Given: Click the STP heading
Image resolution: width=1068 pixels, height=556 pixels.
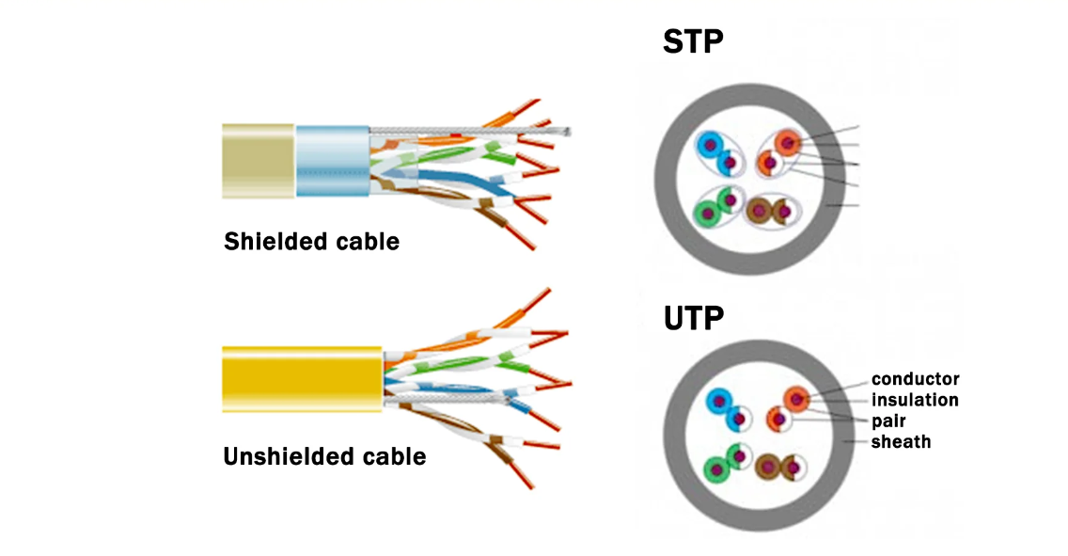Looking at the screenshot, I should pos(693,43).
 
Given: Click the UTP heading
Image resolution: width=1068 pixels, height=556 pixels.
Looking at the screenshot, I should pos(693,318).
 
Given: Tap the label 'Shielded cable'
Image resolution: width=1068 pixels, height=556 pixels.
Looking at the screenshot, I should pos(311,242).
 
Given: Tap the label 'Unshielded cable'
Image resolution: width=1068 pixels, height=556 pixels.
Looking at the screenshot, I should pos(324,457).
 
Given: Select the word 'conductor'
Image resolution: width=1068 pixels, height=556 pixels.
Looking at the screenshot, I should pos(915,379).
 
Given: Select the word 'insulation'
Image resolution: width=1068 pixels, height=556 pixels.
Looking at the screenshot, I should pos(915,400).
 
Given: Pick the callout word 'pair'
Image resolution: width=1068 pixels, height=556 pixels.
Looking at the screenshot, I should pos(888,421).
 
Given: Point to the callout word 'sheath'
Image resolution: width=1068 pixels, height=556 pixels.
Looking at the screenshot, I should pos(901,441).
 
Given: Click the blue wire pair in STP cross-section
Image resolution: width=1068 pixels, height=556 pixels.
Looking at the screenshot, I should pos(715,153).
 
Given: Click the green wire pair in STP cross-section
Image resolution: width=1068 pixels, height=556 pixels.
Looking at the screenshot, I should pos(716,204).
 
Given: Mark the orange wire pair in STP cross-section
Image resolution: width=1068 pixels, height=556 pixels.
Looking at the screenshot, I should pos(778,152).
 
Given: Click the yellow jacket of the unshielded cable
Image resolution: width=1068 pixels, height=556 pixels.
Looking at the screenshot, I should pos(301,381).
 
